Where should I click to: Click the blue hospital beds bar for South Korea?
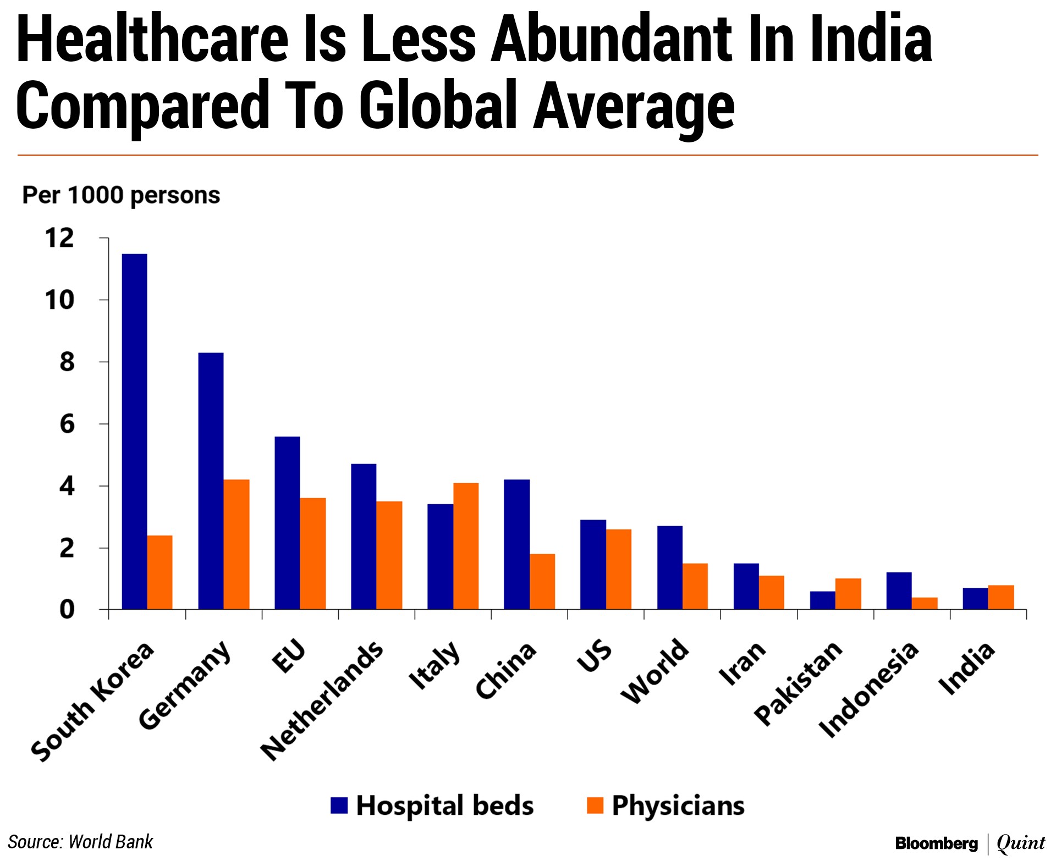(x=134, y=432)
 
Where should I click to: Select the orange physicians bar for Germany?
(x=237, y=544)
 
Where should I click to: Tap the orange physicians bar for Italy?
(x=466, y=546)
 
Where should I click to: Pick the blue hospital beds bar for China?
(x=516, y=544)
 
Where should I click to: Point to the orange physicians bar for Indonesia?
(x=925, y=603)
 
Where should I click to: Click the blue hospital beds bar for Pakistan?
(x=822, y=600)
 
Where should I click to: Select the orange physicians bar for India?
(x=1001, y=598)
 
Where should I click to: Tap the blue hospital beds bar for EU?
(x=287, y=523)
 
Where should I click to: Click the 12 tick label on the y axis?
(x=59, y=239)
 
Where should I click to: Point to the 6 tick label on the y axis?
(x=67, y=424)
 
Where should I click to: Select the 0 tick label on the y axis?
(x=67, y=610)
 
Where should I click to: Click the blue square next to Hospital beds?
(x=339, y=805)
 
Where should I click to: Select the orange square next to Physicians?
(x=595, y=805)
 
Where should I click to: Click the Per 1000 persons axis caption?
(x=121, y=195)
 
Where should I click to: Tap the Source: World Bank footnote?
(x=80, y=842)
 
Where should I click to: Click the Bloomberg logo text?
(x=936, y=843)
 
